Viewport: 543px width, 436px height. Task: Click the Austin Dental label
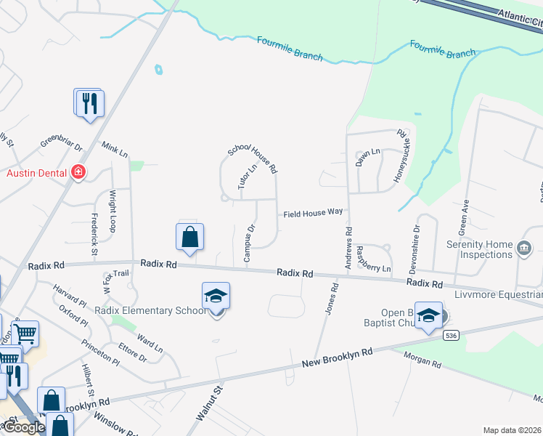36,173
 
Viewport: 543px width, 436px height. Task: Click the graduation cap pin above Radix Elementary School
216,296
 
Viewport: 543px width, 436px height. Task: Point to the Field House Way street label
313,212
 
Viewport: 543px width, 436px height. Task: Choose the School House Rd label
253,158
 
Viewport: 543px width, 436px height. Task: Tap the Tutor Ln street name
248,177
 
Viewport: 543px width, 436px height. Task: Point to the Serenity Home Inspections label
479,249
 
